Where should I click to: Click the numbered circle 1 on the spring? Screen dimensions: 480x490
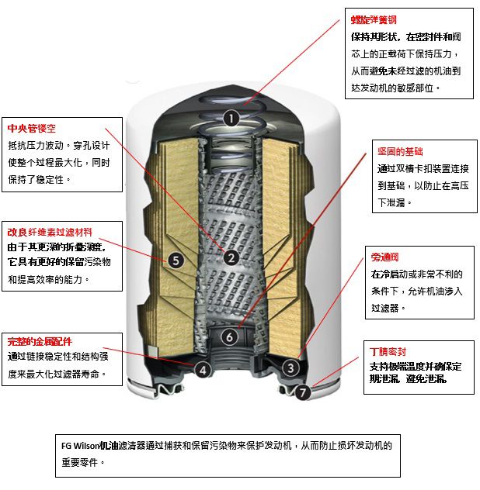click(231, 119)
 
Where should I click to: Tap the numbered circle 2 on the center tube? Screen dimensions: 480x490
click(231, 258)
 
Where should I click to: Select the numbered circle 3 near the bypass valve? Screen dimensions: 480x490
click(290, 367)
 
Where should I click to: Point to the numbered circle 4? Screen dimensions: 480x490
click(203, 371)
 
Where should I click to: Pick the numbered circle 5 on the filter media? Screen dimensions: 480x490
click(176, 260)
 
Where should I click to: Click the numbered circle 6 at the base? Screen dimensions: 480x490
click(229, 336)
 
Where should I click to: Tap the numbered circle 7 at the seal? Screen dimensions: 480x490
click(302, 392)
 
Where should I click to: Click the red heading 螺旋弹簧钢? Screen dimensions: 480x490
click(374, 20)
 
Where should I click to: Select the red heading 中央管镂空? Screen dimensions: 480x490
click(32, 129)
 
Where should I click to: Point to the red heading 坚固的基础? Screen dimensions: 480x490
click(400, 151)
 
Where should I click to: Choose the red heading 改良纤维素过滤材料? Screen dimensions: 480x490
click(50, 232)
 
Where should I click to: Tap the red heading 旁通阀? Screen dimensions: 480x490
click(384, 257)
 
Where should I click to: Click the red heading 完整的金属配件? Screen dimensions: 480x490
click(40, 342)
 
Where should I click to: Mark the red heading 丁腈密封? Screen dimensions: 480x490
click(388, 352)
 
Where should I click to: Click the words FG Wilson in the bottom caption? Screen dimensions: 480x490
click(81, 446)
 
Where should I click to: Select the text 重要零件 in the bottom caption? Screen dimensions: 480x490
click(80, 462)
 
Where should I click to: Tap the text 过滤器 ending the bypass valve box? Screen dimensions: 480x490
click(384, 308)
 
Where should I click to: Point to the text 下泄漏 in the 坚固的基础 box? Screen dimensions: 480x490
click(391, 202)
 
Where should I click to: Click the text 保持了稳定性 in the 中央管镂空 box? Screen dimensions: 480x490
click(36, 179)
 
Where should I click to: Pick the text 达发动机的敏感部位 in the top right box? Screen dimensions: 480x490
click(392, 88)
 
